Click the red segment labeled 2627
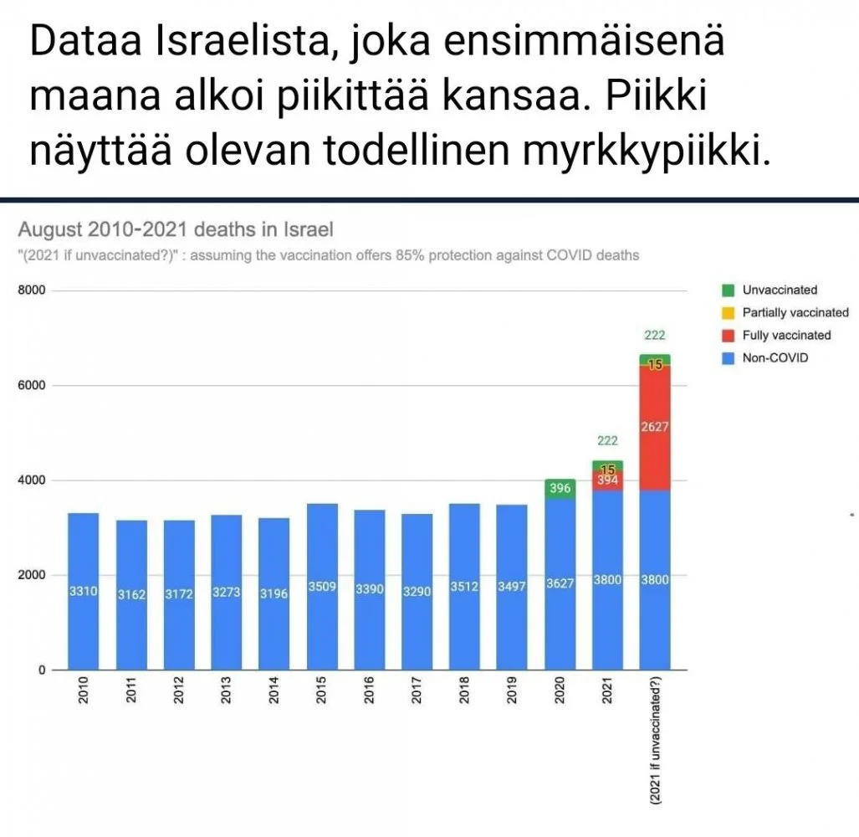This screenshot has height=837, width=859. click(655, 427)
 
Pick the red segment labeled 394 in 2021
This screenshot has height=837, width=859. click(608, 480)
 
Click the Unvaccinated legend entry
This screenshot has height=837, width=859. click(779, 290)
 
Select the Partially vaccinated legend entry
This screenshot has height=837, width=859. click(795, 313)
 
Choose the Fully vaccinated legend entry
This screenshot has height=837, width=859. click(786, 336)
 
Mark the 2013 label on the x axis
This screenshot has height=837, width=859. click(226, 691)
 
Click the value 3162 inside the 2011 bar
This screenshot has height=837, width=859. click(131, 595)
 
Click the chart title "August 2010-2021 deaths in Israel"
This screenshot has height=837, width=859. click(176, 229)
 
